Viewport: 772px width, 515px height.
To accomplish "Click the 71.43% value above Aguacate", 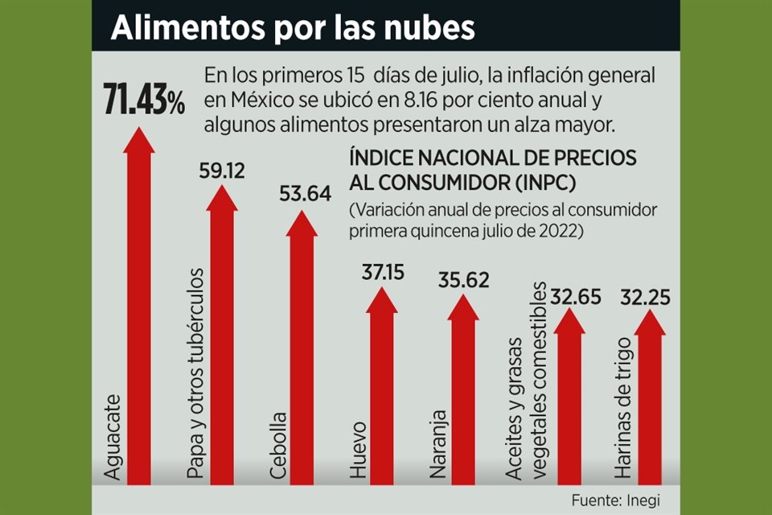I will point(144,101).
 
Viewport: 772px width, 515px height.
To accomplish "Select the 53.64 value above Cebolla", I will point(304,194).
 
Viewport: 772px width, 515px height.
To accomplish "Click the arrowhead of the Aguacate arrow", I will point(139,139).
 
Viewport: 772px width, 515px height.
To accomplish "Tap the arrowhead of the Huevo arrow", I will point(382,300).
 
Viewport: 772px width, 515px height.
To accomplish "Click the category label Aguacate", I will point(113,437).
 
